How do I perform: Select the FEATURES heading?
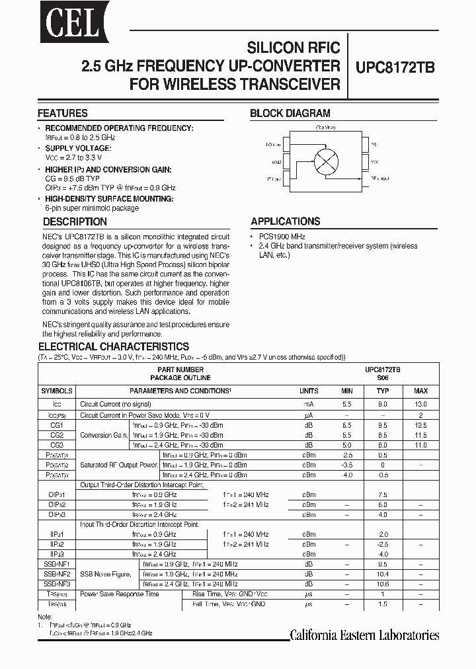pyautogui.click(x=63, y=113)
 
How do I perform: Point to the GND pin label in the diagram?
pyautogui.click(x=276, y=161)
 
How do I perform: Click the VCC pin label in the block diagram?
pyautogui.click(x=375, y=161)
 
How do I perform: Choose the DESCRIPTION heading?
pyautogui.click(x=75, y=222)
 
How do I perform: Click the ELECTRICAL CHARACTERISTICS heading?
pyautogui.click(x=114, y=346)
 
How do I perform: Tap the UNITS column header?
pyautogui.click(x=309, y=391)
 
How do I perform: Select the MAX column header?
pyautogui.click(x=420, y=391)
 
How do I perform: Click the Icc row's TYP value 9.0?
pyautogui.click(x=382, y=403)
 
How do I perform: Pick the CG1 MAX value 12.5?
pyautogui.click(x=420, y=425)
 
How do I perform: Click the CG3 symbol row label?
pyautogui.click(x=56, y=446)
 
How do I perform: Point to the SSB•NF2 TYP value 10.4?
pyautogui.click(x=382, y=574)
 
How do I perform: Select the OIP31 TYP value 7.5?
pyautogui.click(x=382, y=494)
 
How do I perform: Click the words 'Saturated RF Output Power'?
pyautogui.click(x=118, y=465)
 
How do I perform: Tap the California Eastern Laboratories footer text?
pyautogui.click(x=364, y=635)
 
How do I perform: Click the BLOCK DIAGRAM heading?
pyautogui.click(x=290, y=113)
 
